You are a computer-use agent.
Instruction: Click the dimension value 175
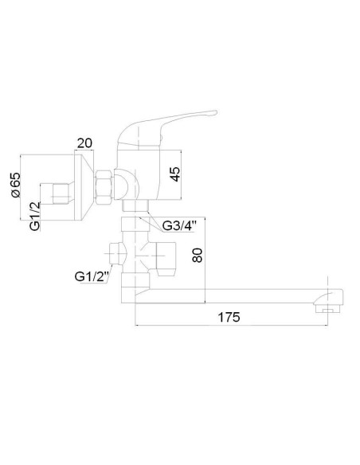pyautogui.click(x=229, y=318)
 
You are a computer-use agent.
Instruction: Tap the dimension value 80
pyautogui.click(x=198, y=256)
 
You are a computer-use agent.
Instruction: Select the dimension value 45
pyautogui.click(x=175, y=174)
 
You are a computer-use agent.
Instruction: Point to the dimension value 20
pyautogui.click(x=84, y=143)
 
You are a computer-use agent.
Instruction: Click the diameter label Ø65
pyautogui.click(x=15, y=185)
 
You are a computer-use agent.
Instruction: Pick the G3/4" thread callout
pyautogui.click(x=179, y=226)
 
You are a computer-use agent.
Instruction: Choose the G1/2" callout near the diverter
pyautogui.click(x=92, y=276)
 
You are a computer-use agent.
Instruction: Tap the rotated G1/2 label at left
pyautogui.click(x=35, y=216)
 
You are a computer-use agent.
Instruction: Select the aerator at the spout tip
pyautogui.click(x=328, y=311)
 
